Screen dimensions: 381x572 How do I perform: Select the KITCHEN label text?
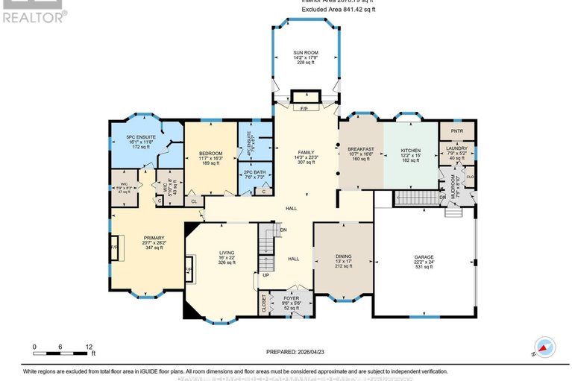coord(411,150)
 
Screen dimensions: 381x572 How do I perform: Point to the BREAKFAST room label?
coord(360,149)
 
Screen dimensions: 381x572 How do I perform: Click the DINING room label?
coord(343,256)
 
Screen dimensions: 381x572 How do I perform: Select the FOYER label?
coord(291,298)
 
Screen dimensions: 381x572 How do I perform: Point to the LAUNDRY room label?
coord(456,148)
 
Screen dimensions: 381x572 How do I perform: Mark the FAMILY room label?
coord(304,152)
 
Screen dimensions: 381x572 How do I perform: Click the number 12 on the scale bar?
coord(89,347)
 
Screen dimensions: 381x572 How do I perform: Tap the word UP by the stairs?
coord(265,275)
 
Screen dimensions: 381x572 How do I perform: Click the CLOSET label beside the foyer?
coord(263,303)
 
